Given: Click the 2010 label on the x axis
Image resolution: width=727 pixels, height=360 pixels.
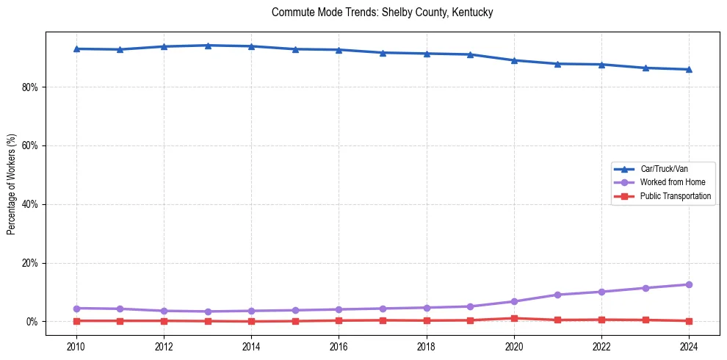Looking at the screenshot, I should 76,345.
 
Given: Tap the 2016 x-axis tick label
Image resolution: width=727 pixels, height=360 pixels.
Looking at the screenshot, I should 339,345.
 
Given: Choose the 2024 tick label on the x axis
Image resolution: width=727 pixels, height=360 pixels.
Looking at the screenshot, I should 689,345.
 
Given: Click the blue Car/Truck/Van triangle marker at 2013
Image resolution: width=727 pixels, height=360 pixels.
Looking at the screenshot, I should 208,46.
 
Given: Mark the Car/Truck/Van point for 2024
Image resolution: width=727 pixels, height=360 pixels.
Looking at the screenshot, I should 689,69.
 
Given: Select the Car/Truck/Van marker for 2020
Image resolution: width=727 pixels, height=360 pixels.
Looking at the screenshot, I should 514,60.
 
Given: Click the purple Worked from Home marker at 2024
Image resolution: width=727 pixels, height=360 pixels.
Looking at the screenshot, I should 689,284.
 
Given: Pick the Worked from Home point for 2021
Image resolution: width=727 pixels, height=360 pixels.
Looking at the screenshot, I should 557,295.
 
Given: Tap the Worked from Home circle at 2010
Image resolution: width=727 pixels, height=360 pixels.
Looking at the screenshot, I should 76,308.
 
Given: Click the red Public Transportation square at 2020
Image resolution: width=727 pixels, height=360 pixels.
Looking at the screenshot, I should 514,318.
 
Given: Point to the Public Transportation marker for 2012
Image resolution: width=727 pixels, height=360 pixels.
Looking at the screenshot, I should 164,320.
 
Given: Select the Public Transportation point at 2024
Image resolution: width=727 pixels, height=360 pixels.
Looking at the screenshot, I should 689,320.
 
